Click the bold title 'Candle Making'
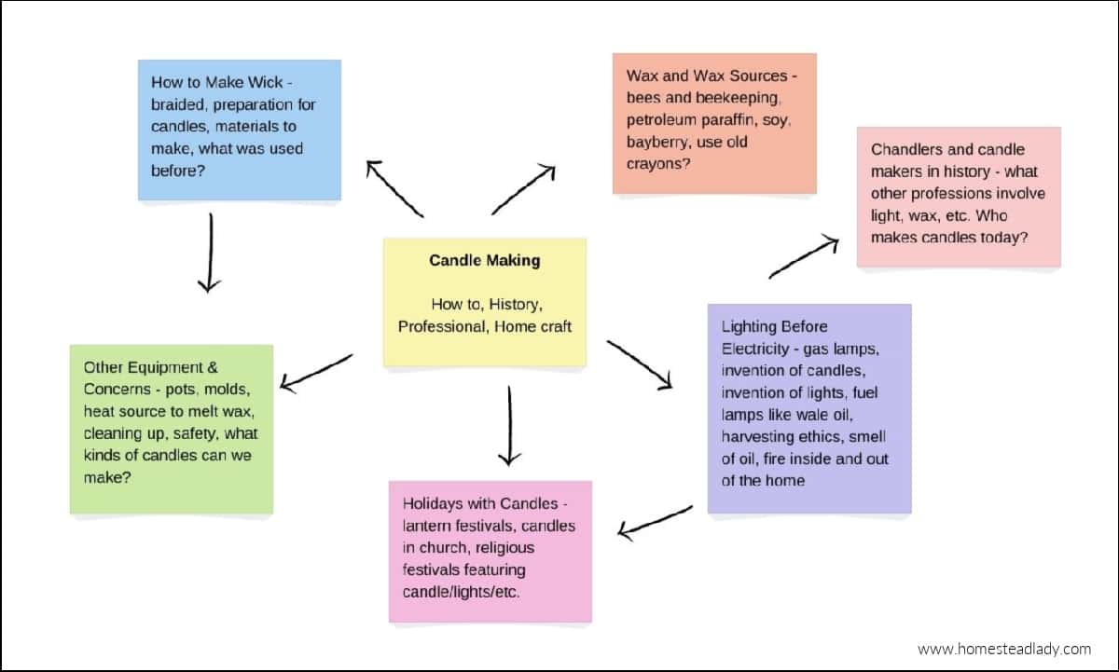(x=484, y=261)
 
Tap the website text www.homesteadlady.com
(x=1003, y=649)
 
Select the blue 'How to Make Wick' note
(x=240, y=130)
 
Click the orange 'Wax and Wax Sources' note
(x=714, y=123)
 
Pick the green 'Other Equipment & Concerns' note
(x=172, y=429)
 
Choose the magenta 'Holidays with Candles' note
(x=490, y=551)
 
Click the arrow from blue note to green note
(x=210, y=253)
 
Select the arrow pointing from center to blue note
(x=394, y=188)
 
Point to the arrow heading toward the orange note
(x=523, y=190)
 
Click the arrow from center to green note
(x=316, y=371)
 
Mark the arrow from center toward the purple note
(x=639, y=363)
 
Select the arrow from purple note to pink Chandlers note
(x=803, y=257)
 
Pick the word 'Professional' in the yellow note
(x=442, y=327)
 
